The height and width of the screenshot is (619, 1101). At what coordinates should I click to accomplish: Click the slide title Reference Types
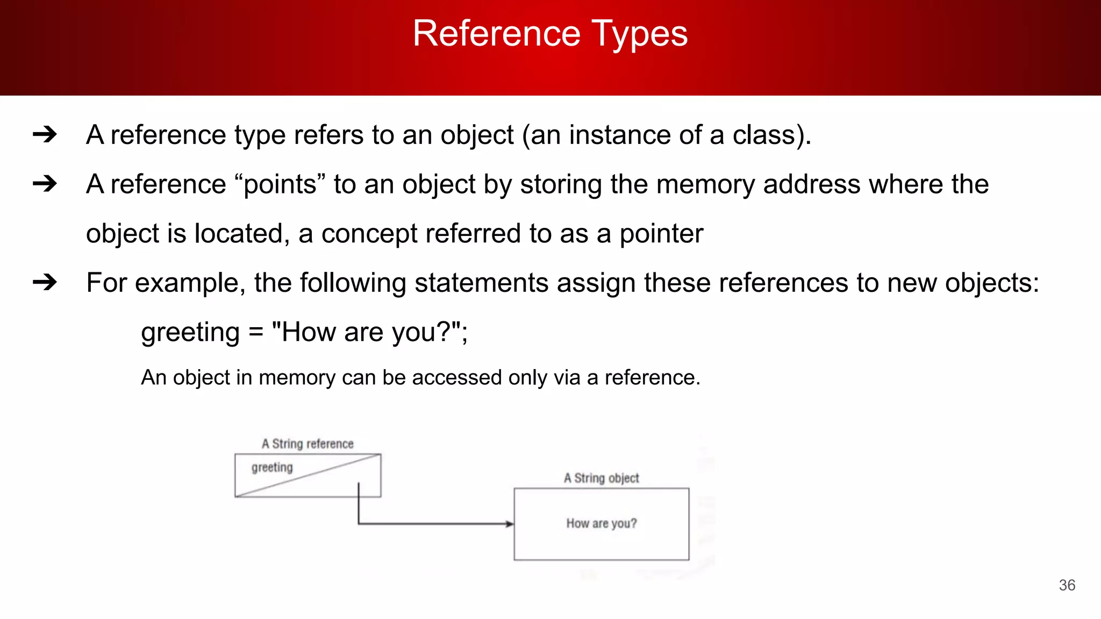550,34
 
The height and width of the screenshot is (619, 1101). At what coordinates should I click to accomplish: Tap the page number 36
1067,585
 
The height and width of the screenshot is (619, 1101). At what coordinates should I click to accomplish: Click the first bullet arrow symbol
45,134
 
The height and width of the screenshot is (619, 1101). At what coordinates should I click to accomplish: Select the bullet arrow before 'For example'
45,282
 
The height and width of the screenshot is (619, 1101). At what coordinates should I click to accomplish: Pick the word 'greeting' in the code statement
190,333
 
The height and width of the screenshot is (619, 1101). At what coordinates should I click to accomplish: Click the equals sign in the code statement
256,333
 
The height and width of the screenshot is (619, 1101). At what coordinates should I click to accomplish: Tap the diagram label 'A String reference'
308,444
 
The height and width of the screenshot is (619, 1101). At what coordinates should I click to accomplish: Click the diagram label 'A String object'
601,478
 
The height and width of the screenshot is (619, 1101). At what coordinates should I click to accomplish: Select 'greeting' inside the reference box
272,467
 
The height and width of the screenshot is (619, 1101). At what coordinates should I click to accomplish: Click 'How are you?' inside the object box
601,523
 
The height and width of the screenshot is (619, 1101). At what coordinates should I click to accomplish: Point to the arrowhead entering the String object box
509,524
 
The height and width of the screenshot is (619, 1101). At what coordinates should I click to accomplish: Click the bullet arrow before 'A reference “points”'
45,184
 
